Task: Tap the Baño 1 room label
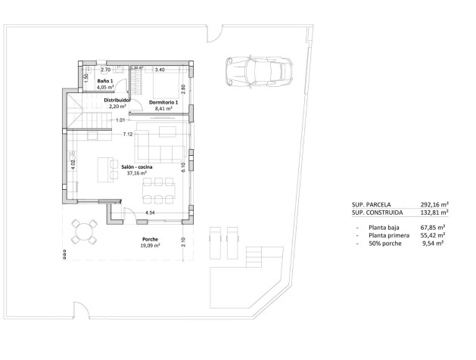[104, 81]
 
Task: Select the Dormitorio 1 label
[163, 102]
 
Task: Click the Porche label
[149, 238]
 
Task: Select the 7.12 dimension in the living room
[128, 135]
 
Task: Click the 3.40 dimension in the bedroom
[159, 70]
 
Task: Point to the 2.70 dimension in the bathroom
[106, 70]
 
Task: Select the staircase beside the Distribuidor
[82, 113]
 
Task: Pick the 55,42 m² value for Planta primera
[433, 235]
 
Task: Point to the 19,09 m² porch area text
[151, 245]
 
